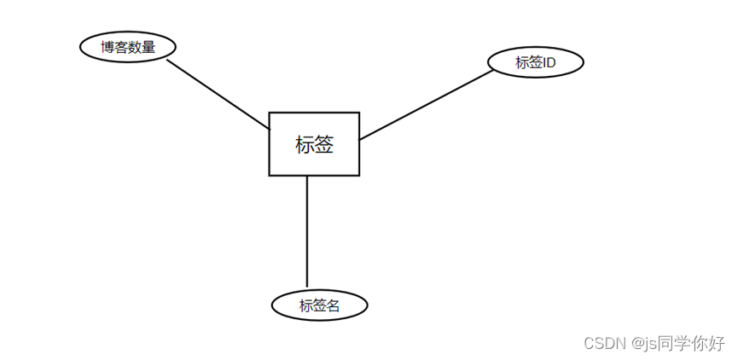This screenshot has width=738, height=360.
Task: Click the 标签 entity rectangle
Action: coord(314,143)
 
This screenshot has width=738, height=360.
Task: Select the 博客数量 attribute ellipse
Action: coord(128,47)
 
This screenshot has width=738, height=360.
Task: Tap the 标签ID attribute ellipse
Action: coord(536,62)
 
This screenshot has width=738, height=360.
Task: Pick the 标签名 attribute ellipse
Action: coord(319,305)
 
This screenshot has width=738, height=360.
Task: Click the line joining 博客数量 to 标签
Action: coord(218,94)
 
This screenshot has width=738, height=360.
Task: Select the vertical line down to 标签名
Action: coord(306,230)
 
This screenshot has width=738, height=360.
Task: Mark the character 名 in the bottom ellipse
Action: coord(333,305)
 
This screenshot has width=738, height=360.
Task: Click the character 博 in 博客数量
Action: coord(108,47)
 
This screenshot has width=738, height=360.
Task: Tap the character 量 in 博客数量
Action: coord(149,47)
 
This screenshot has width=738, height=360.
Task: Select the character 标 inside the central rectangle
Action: coord(305,144)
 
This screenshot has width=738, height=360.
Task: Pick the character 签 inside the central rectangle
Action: coord(324,144)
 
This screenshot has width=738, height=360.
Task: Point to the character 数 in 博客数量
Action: coord(136,47)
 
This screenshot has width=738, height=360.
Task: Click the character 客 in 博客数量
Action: coord(121,47)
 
